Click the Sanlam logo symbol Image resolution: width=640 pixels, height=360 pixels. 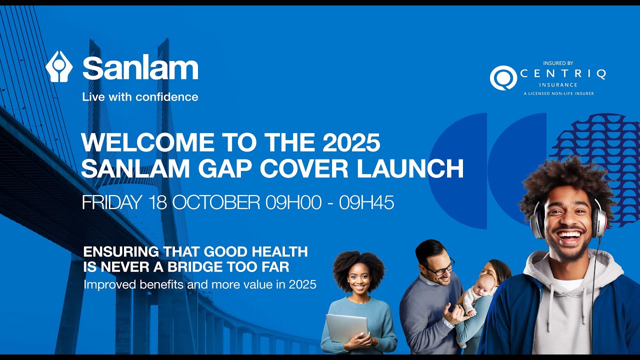click(x=59, y=66)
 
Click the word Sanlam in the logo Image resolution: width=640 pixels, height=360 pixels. click(x=140, y=68)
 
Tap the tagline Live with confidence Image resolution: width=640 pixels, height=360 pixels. click(x=140, y=97)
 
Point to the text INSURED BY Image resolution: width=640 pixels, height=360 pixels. click(x=558, y=63)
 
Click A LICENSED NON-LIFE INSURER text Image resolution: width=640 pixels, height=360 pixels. click(x=558, y=93)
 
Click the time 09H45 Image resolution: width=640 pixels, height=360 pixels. click(x=366, y=202)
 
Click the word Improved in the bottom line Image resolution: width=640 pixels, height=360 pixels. click(x=104, y=285)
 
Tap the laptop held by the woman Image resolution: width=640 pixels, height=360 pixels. click(x=346, y=327)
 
